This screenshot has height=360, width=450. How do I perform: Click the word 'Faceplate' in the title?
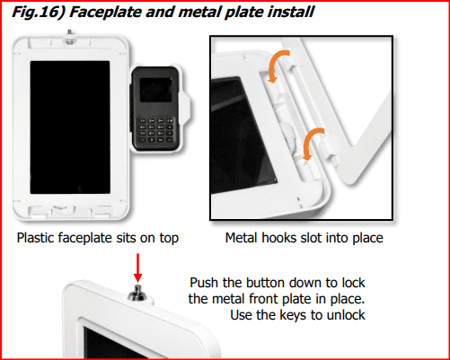pos(105,13)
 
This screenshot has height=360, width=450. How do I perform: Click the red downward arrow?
pos(137,268)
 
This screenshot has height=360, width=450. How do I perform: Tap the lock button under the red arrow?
pos(137,294)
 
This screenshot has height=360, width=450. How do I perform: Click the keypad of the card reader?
pos(156,130)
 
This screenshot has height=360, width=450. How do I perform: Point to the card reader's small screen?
pos(155,90)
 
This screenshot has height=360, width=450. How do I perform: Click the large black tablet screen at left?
pos(70,127)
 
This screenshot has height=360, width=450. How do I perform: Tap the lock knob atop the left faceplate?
pos(69,39)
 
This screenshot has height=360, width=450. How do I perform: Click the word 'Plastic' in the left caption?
pos(36,238)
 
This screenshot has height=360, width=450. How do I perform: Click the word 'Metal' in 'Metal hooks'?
pos(242,238)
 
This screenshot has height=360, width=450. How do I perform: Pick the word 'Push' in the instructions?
pos(204,283)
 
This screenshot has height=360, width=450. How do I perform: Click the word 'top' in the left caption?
pos(169,239)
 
